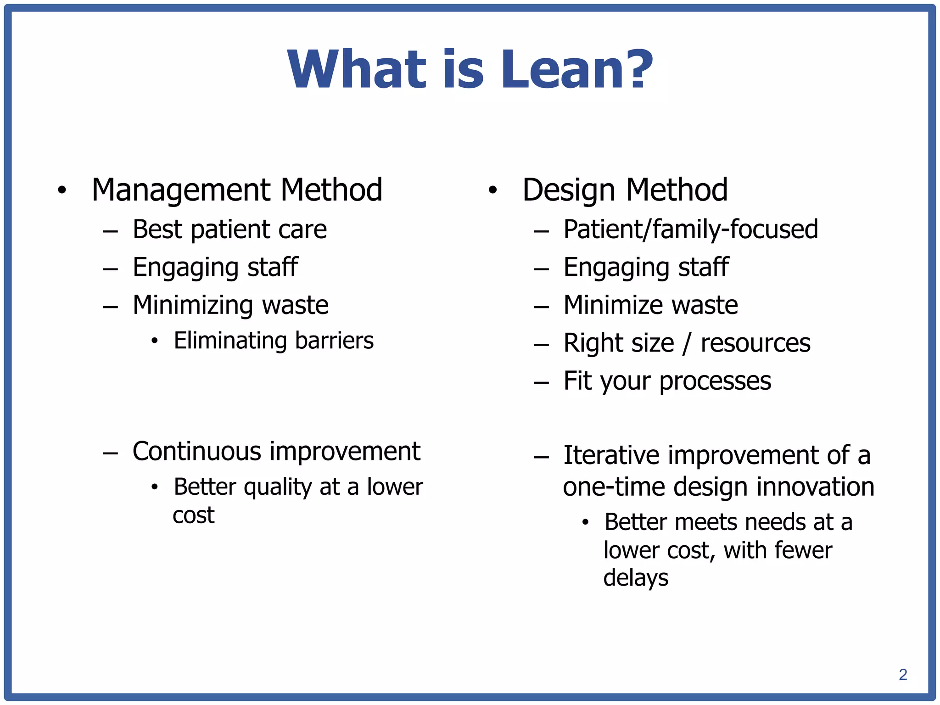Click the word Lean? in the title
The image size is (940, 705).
click(x=576, y=70)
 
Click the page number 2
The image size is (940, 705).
click(x=902, y=674)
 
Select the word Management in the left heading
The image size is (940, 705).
click(x=181, y=190)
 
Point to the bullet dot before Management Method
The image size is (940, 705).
click(x=62, y=190)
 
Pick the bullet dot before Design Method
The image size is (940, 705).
click(x=492, y=190)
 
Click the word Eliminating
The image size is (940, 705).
click(x=230, y=341)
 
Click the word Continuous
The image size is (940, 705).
click(x=196, y=451)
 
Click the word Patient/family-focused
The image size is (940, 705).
click(x=690, y=230)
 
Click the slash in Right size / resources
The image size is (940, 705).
click(x=687, y=343)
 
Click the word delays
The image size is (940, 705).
click(x=635, y=578)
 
